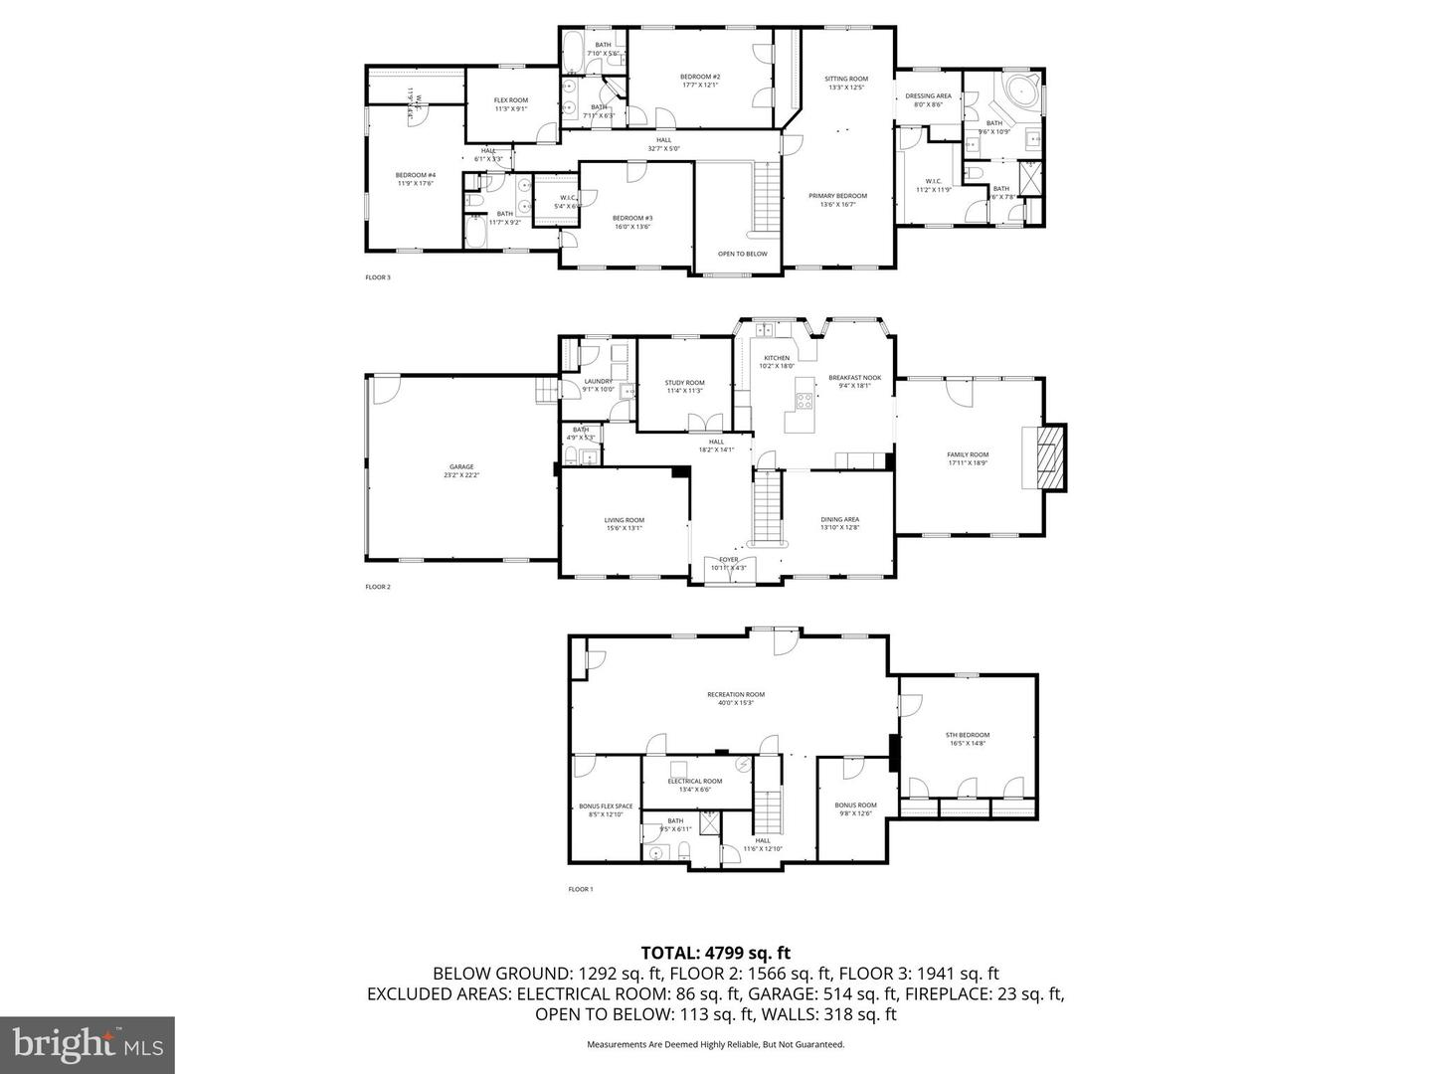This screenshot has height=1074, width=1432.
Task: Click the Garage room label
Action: click(461, 470)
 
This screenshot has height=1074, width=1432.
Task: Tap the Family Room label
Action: click(968, 458)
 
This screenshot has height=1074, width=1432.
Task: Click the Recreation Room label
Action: click(736, 698)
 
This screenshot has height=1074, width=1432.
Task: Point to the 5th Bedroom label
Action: click(968, 739)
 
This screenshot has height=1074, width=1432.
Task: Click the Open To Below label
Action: click(743, 254)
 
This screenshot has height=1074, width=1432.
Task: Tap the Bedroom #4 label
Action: click(416, 178)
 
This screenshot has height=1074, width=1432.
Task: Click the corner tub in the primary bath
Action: click(1020, 92)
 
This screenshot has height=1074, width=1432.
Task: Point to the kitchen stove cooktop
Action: click(802, 402)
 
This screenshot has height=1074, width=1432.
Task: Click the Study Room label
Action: click(684, 387)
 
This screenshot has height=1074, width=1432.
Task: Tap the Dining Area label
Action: click(840, 523)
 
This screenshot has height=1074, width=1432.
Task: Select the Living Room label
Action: click(625, 524)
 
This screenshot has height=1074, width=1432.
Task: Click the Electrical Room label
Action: click(695, 785)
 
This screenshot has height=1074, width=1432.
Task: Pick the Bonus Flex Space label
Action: click(606, 810)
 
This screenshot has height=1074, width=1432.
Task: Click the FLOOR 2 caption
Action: click(378, 587)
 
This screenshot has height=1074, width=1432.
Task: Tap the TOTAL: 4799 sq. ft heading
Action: click(715, 953)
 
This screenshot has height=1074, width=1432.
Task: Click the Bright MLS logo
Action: click(88, 1044)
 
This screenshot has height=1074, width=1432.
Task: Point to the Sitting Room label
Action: click(846, 83)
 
